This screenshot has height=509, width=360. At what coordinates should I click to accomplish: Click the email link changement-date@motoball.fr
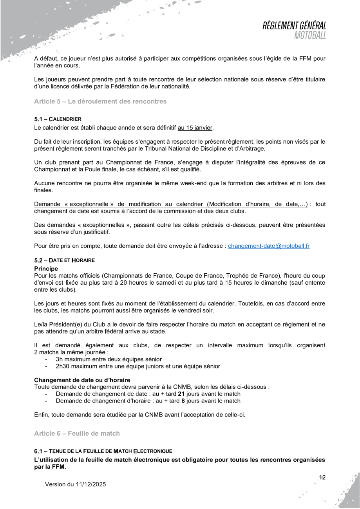coord(269,246)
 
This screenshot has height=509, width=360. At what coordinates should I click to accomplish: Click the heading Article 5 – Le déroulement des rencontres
coord(100,101)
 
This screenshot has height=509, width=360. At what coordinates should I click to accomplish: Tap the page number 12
coord(322,477)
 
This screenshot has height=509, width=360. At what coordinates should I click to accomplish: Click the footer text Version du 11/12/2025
coord(75,484)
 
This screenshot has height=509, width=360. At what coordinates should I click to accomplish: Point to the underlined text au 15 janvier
coord(195,128)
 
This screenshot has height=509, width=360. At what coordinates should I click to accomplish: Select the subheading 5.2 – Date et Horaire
coord(64,260)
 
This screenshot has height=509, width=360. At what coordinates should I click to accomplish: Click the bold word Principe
coord(46,269)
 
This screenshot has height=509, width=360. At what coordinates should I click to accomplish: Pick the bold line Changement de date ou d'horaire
coord(82,380)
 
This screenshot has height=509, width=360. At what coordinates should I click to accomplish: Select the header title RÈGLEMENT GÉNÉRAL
coord(295,26)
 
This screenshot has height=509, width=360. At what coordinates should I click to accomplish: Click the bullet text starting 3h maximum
coord(109,359)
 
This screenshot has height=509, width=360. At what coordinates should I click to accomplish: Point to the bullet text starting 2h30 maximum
coord(138,366)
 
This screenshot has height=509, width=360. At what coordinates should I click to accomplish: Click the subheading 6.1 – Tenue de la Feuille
coord(103,451)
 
